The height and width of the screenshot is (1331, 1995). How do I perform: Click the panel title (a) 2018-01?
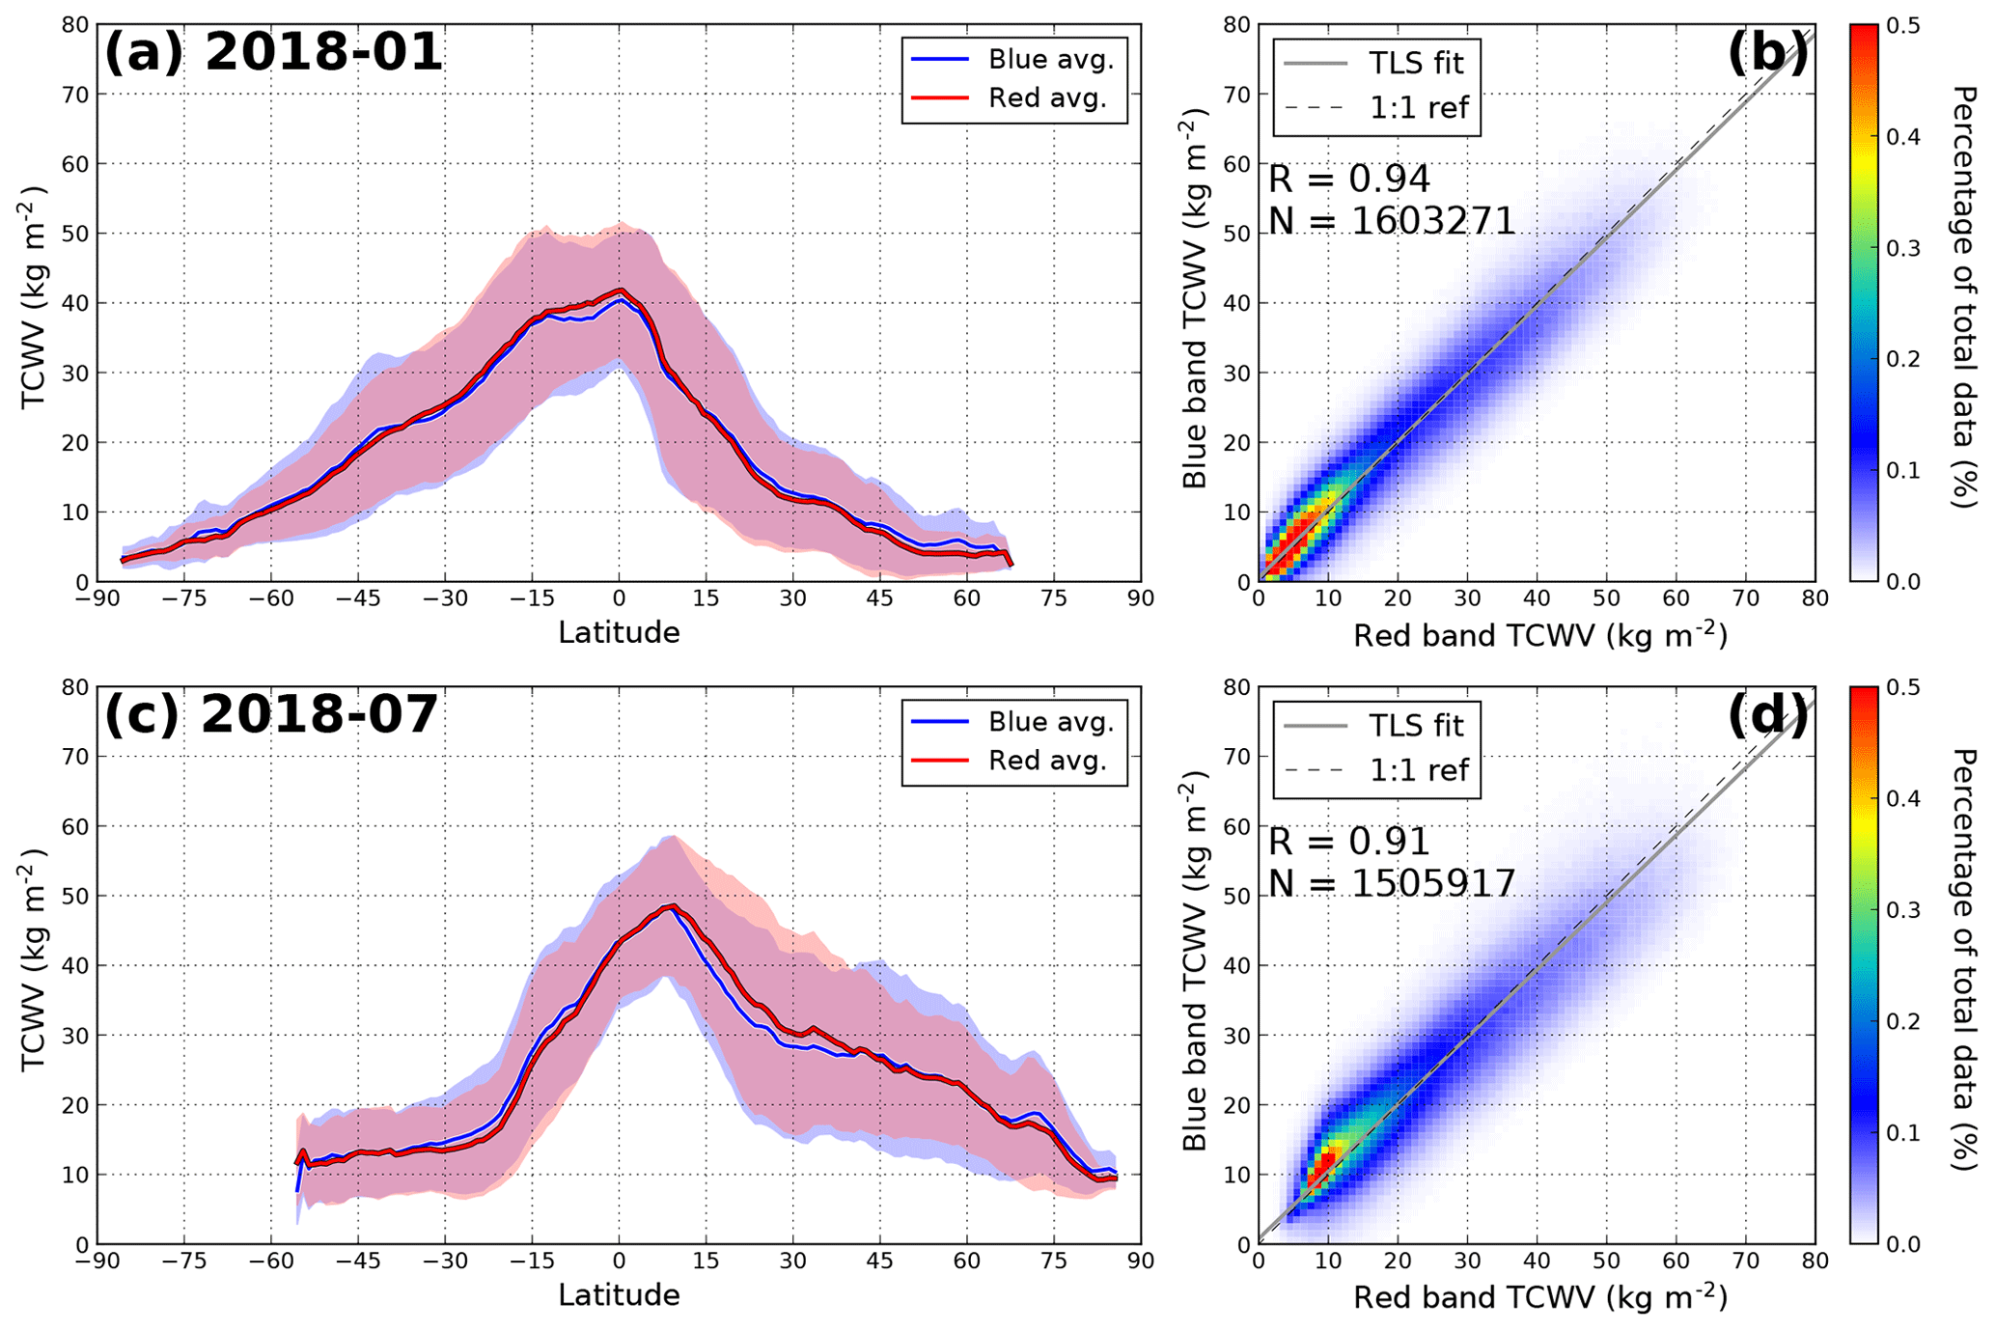[273, 53]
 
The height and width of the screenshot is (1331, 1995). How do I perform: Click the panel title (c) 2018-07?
[271, 715]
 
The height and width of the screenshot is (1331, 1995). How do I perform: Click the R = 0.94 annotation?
[1348, 180]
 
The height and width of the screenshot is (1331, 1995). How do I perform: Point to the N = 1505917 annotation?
[1392, 884]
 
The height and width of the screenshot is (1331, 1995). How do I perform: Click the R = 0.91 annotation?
[1348, 843]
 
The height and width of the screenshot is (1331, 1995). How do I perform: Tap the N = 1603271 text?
[1392, 222]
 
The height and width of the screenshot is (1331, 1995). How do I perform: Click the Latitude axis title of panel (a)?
[619, 633]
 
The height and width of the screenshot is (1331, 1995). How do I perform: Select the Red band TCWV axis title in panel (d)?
[1539, 1297]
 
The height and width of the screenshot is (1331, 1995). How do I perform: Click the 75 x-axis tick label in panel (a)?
[1054, 599]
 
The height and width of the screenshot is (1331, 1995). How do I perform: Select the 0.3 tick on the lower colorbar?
[1901, 910]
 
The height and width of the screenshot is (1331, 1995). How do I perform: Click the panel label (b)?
[1767, 53]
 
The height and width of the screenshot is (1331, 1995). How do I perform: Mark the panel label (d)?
[1767, 715]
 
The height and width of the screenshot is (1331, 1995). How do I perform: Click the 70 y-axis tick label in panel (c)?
[75, 757]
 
